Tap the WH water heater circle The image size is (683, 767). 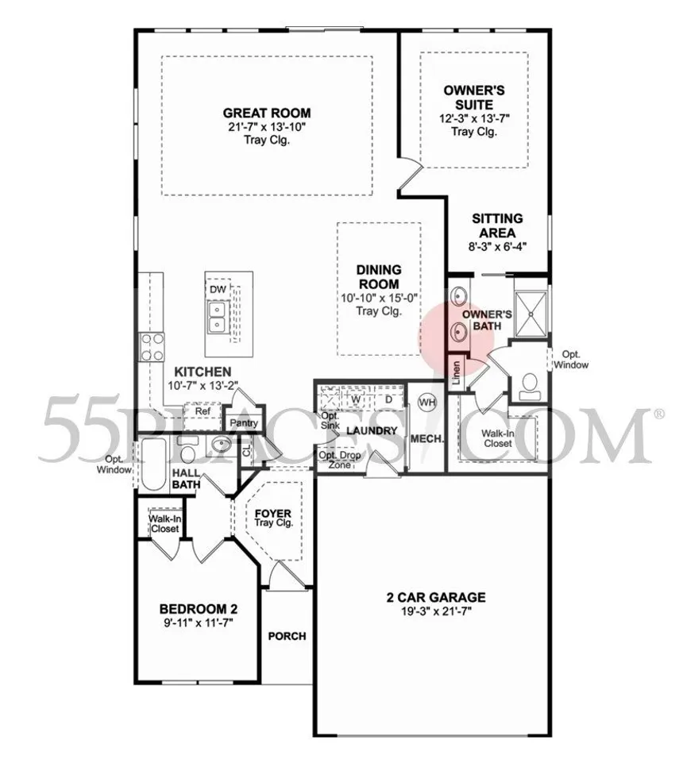click(x=427, y=402)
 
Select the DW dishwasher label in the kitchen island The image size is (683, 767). click(x=218, y=290)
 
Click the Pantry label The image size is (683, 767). click(x=243, y=423)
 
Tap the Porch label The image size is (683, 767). click(x=287, y=636)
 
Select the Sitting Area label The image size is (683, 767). click(x=497, y=225)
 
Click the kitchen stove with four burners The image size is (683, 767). click(x=152, y=346)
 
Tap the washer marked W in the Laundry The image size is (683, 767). click(x=358, y=399)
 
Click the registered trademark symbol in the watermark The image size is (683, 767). click(x=658, y=414)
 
